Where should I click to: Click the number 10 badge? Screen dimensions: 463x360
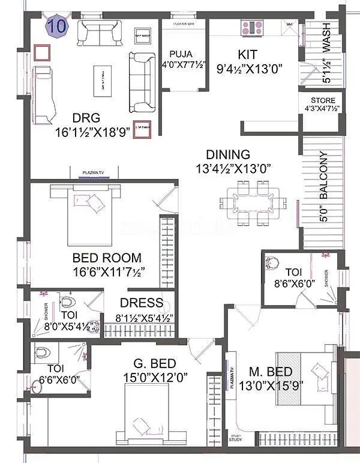[x=58, y=26]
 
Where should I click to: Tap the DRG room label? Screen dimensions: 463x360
[x=86, y=118]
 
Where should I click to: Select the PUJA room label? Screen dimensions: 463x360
[x=180, y=53]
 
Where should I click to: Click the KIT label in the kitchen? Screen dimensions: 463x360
[x=247, y=55]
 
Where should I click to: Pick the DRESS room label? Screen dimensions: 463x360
[x=142, y=303]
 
